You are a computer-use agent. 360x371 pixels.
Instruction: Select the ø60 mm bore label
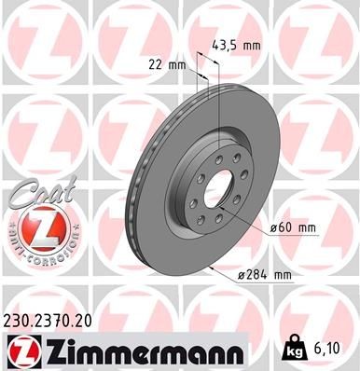[x=292, y=226]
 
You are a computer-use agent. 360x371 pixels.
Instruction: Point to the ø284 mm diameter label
[x=264, y=274]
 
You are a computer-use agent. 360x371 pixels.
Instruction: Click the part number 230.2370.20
[x=54, y=318]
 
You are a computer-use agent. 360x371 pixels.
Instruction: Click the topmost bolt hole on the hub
[x=215, y=156]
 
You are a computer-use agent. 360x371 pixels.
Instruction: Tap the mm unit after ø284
[x=283, y=274]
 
